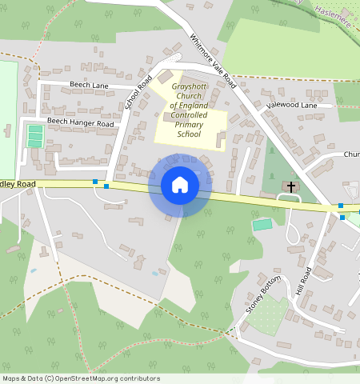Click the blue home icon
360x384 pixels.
[x=180, y=185]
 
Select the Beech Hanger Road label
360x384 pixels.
[x=80, y=122]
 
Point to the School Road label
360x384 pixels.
[x=138, y=93]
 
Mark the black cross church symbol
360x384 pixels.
[x=290, y=187]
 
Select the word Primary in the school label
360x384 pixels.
[x=189, y=125]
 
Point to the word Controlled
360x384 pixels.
[x=189, y=115]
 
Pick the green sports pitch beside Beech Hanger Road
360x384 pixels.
[x=34, y=135]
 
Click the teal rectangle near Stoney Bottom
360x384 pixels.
[x=262, y=225]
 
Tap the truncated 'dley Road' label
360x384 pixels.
[x=18, y=184]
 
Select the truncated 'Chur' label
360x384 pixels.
[x=351, y=154]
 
